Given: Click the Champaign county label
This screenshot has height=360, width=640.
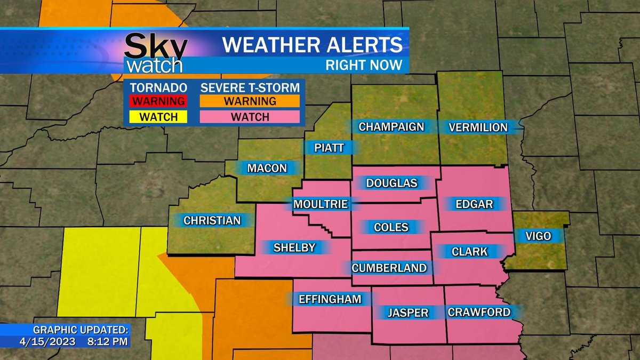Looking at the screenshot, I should (x=391, y=127).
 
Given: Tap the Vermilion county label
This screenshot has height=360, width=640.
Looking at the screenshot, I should (x=478, y=127).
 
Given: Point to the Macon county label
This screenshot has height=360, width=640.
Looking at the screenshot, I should (x=267, y=169).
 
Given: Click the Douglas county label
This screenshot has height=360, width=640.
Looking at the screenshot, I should (x=391, y=183).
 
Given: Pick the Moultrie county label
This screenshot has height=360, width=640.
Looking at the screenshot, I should (x=321, y=204).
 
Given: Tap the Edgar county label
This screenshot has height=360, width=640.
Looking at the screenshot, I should (x=474, y=204).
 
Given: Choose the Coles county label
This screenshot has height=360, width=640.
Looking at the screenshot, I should (x=391, y=227).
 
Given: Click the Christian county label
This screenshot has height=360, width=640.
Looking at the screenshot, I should (x=212, y=220).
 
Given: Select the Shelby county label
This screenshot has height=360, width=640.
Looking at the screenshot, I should (x=294, y=247).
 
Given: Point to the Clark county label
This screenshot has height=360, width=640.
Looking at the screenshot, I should (x=469, y=251).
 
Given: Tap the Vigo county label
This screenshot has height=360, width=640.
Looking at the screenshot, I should (x=538, y=236).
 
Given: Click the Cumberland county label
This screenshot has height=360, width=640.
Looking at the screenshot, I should (x=389, y=268).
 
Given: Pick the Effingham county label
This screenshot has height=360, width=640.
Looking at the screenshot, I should (x=330, y=299).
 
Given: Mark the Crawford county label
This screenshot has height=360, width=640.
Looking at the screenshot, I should (x=479, y=312).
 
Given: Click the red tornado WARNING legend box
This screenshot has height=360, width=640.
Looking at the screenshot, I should (x=159, y=101).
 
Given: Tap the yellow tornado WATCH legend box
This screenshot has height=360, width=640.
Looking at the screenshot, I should (x=159, y=117).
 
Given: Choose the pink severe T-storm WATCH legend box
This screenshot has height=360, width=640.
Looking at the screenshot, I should (x=250, y=117).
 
